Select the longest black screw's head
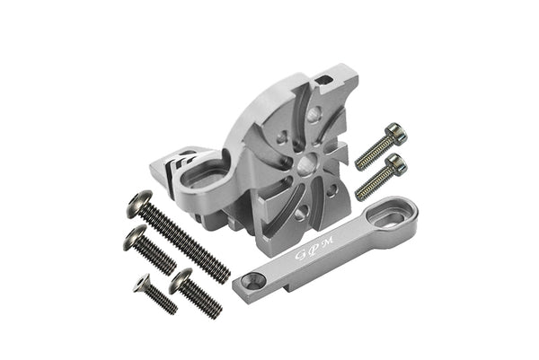tap(140, 204)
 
